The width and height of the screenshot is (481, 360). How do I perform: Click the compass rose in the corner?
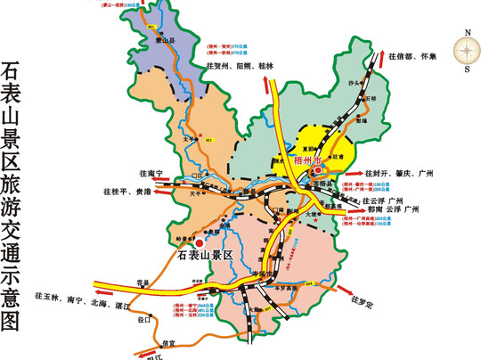[x=465, y=53]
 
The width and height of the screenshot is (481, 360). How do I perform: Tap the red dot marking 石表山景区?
[x=200, y=241]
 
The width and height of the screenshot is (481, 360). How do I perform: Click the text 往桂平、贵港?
[x=133, y=192]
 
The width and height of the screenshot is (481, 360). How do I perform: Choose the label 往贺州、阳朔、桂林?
[x=240, y=66]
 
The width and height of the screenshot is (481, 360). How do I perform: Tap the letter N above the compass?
[x=465, y=32]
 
